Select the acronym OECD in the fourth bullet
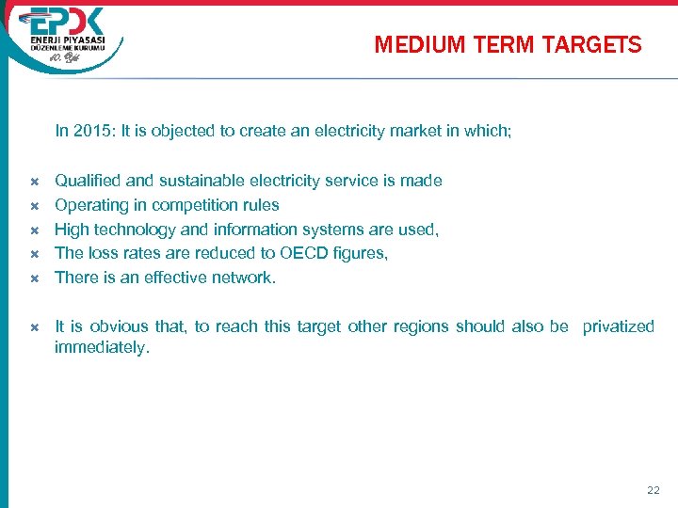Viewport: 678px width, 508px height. pos(302,253)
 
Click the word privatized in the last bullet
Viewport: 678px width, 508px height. pos(618,326)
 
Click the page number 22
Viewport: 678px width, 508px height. pos(654,490)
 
